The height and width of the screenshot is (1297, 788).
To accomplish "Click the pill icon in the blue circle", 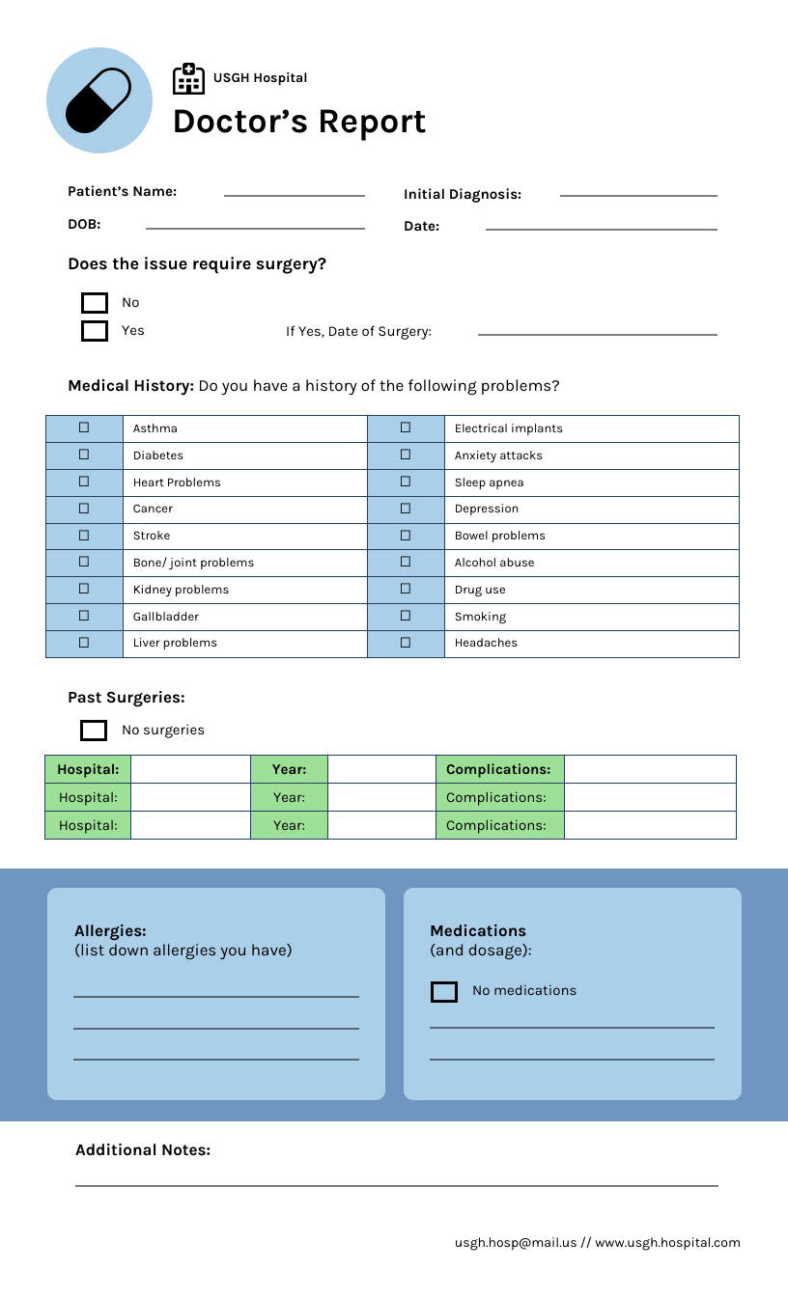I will [98, 100].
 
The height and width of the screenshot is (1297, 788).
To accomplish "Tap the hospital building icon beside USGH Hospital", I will [188, 79].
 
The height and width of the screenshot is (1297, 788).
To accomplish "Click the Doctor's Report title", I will [299, 123].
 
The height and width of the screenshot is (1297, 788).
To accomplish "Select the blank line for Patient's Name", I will [295, 194].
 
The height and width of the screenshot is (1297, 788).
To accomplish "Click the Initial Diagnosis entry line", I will [638, 194].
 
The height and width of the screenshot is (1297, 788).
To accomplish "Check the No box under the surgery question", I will [95, 303].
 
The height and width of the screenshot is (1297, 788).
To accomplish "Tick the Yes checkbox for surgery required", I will [95, 331].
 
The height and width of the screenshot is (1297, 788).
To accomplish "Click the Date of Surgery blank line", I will [597, 333].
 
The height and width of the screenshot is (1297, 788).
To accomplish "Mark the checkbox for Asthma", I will [84, 428].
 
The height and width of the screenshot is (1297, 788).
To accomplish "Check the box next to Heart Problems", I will [84, 482].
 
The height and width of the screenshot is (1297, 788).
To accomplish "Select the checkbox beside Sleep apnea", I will [406, 482].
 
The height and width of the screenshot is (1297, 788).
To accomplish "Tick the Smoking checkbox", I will [406, 616].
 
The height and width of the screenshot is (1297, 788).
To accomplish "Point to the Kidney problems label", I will [181, 590].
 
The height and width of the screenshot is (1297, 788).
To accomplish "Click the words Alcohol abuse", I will [494, 563].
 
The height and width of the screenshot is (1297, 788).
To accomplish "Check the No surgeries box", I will [94, 731].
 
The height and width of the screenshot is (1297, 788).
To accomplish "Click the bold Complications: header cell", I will [498, 770].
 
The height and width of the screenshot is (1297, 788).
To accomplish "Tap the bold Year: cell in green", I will [289, 770].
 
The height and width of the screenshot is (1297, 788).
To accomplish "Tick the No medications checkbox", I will [444, 992].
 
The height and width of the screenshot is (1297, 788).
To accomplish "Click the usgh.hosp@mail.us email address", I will [516, 1243].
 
